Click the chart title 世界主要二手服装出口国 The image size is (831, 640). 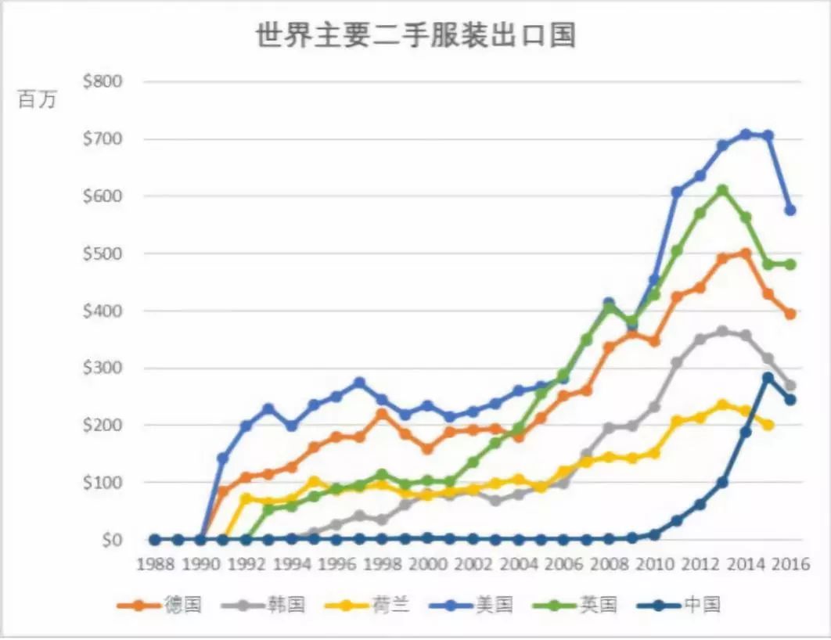tap(415, 36)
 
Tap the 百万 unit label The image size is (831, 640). tap(38, 100)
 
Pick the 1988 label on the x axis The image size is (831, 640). tap(155, 564)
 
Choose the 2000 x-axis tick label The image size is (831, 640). tap(426, 564)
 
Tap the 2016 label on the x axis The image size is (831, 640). tap(789, 564)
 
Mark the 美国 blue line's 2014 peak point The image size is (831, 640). tap(746, 135)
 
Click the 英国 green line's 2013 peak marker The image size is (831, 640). tap(723, 190)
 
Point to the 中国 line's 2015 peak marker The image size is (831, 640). tap(768, 378)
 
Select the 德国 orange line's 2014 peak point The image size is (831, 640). tap(746, 253)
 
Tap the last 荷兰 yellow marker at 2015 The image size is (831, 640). tap(768, 425)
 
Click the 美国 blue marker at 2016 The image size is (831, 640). tap(790, 210)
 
